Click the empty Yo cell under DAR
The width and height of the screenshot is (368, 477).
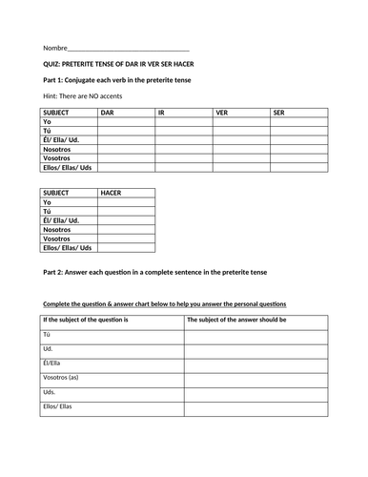pyautogui.click(x=125, y=123)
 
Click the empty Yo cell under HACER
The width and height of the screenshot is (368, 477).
pyautogui.click(x=126, y=202)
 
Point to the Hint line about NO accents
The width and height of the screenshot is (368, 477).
pyautogui.click(x=82, y=96)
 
